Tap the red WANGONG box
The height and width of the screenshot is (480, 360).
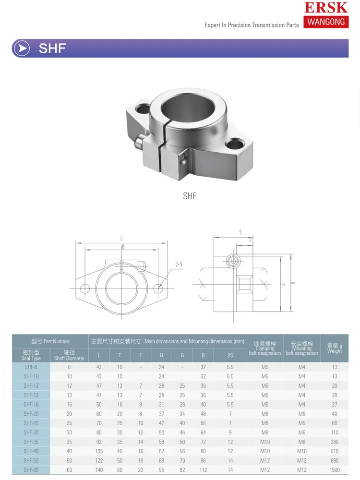point(326,22)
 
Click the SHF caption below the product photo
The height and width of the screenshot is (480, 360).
point(190,196)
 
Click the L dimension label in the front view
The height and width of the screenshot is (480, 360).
point(121,239)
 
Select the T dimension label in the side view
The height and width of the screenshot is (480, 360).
point(240,232)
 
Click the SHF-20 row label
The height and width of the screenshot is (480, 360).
point(31,414)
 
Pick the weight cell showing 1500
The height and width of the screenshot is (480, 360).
point(335,470)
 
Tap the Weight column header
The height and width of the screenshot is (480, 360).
point(335,348)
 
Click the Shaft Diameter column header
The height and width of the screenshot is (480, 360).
point(69,355)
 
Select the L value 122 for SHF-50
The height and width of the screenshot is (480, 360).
point(99,460)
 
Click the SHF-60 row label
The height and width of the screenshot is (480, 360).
point(31,470)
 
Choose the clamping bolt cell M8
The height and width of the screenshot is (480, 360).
point(265,432)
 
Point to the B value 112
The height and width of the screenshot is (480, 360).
point(203,470)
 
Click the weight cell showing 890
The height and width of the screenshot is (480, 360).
point(335,460)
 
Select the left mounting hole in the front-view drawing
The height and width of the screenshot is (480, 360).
point(85,288)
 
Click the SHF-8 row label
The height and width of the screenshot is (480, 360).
point(31,367)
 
